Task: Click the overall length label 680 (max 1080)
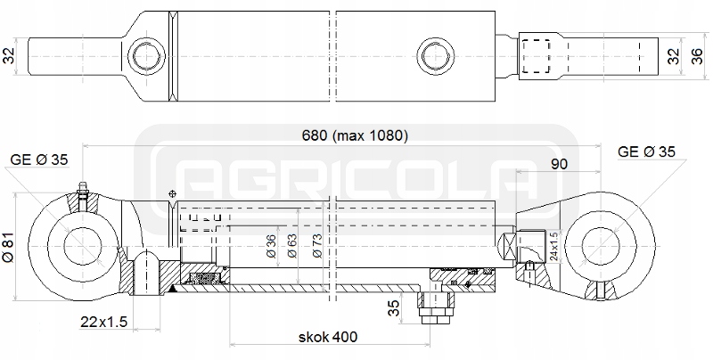355,135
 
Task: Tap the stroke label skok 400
328,337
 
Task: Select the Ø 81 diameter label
9,248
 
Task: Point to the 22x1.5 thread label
103,322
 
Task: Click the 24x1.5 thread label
553,246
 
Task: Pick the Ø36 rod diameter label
271,246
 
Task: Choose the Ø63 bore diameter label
292,245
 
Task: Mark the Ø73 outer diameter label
317,245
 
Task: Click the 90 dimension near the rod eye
559,164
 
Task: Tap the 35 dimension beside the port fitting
394,307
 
